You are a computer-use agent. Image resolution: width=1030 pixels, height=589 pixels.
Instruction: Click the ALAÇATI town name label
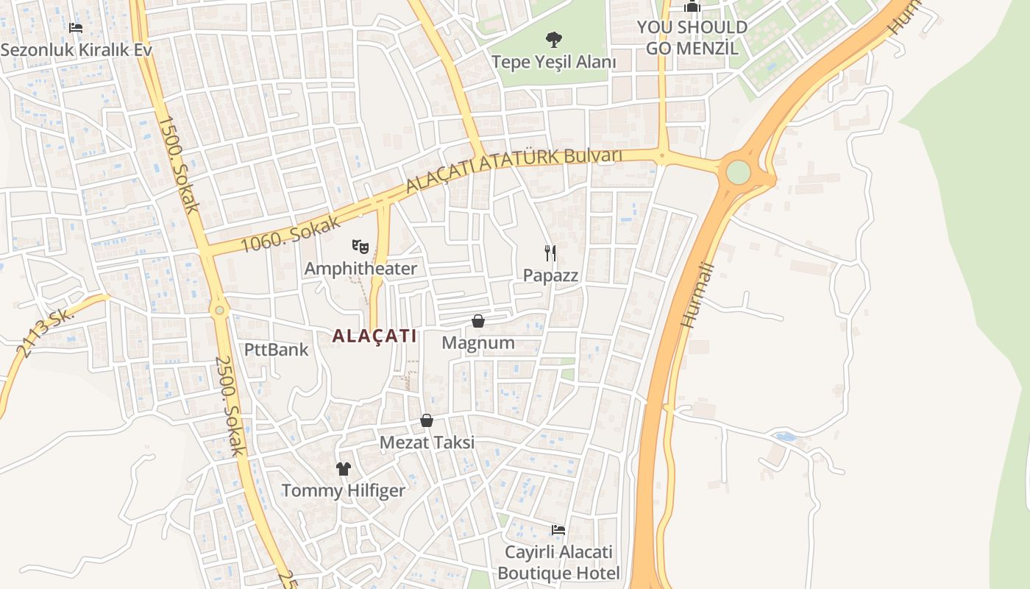tap(374, 336)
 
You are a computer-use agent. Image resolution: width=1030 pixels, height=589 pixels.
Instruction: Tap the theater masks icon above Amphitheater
tap(360, 246)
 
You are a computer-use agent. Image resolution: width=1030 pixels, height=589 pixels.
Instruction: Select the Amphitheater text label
tap(360, 268)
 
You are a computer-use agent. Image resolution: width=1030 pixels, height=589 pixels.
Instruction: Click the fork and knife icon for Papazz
tap(550, 253)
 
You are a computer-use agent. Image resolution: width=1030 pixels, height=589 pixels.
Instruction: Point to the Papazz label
tap(550, 275)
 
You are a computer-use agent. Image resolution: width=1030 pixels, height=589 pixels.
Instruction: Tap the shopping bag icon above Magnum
tap(478, 321)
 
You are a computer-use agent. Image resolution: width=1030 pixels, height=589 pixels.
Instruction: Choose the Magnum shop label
tap(478, 343)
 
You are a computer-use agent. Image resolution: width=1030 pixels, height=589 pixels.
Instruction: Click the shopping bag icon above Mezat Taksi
tap(427, 420)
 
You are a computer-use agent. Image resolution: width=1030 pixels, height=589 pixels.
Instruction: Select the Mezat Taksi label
tap(427, 442)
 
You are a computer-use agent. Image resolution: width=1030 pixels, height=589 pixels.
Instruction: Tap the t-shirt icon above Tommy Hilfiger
tap(344, 468)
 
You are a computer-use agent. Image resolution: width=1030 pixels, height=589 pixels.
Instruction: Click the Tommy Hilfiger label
tap(344, 490)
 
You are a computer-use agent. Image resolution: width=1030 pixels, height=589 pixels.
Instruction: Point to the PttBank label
tap(277, 349)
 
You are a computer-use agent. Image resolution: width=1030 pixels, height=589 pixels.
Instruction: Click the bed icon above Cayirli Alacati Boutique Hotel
tap(558, 530)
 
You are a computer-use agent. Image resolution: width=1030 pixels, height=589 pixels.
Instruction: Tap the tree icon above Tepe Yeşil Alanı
tap(553, 39)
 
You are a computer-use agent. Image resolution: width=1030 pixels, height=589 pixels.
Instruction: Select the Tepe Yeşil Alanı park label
tap(553, 62)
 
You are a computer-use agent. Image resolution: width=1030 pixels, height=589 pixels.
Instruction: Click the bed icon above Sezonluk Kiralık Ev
tap(75, 28)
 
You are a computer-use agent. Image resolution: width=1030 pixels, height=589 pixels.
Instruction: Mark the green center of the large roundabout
tap(738, 172)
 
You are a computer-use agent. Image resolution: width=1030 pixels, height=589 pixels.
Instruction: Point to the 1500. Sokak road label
tap(178, 164)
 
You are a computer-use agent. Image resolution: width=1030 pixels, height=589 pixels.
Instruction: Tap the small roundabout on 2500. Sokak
tap(219, 311)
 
